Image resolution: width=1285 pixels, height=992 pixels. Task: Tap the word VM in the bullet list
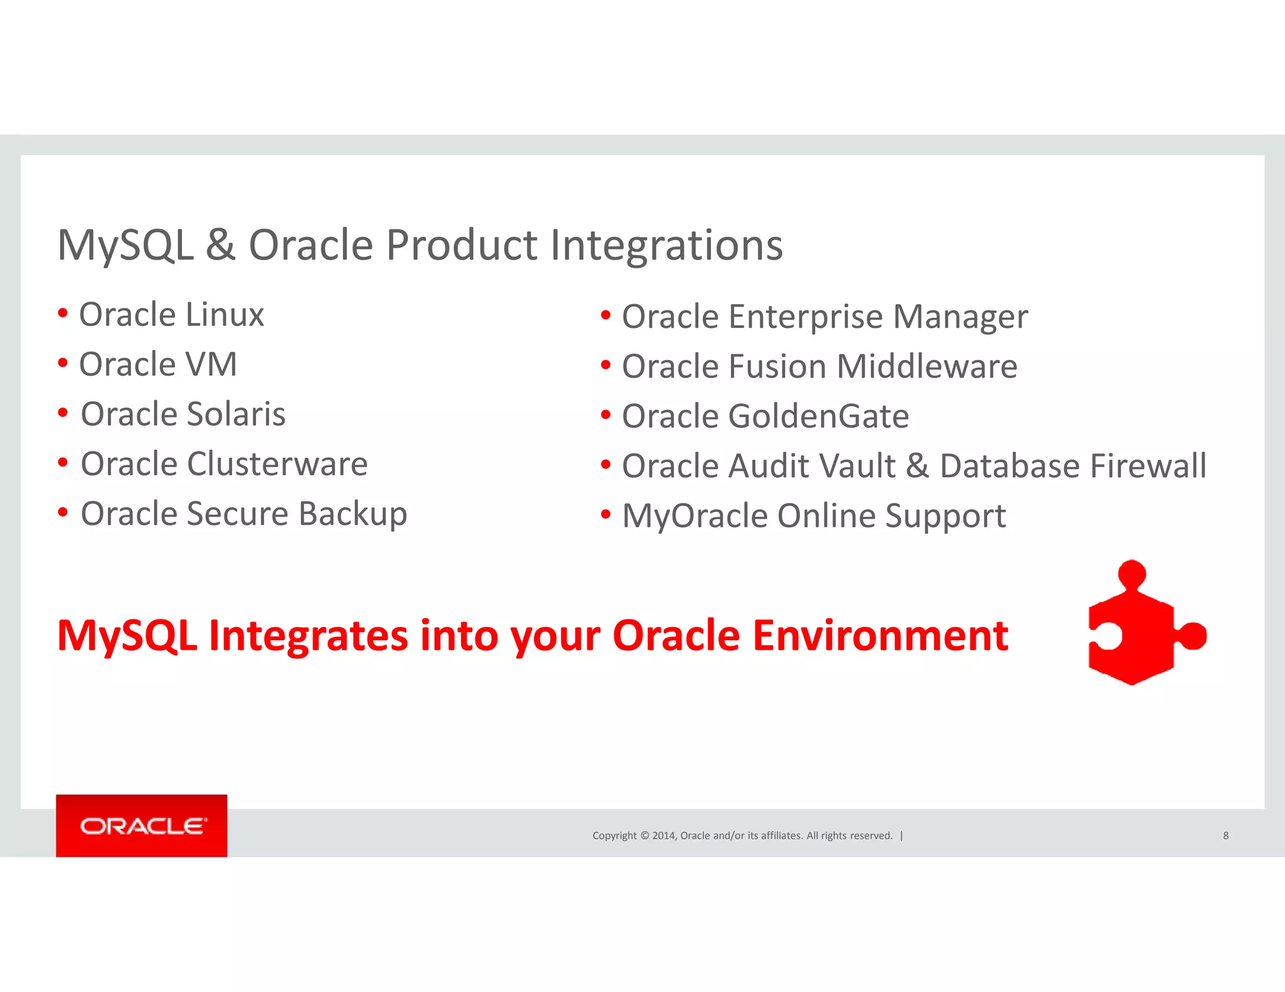211,364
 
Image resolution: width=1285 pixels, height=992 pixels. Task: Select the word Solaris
236,414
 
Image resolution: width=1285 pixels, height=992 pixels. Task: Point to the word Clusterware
277,464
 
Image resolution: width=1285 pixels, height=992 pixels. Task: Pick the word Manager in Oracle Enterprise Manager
960,317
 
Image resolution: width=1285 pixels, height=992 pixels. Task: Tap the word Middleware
927,367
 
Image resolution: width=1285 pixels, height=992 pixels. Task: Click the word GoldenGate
818,417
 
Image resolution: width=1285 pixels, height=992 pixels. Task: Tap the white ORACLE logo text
142,826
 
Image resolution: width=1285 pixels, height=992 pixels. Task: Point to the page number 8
1225,836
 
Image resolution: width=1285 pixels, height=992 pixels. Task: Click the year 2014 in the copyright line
663,836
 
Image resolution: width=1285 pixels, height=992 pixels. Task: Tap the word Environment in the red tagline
880,636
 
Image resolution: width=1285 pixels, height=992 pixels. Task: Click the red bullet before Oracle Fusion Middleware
605,365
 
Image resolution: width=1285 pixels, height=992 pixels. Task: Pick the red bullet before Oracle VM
63,362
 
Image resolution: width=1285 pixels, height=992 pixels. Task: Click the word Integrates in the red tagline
309,636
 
